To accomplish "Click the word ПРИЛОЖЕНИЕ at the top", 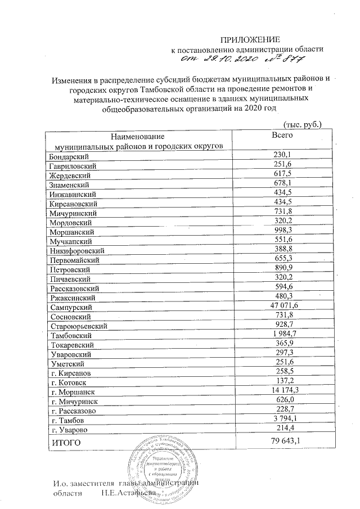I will tap(249, 39).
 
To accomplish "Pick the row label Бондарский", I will tap(70, 156).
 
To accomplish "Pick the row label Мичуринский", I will tap(73, 213).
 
